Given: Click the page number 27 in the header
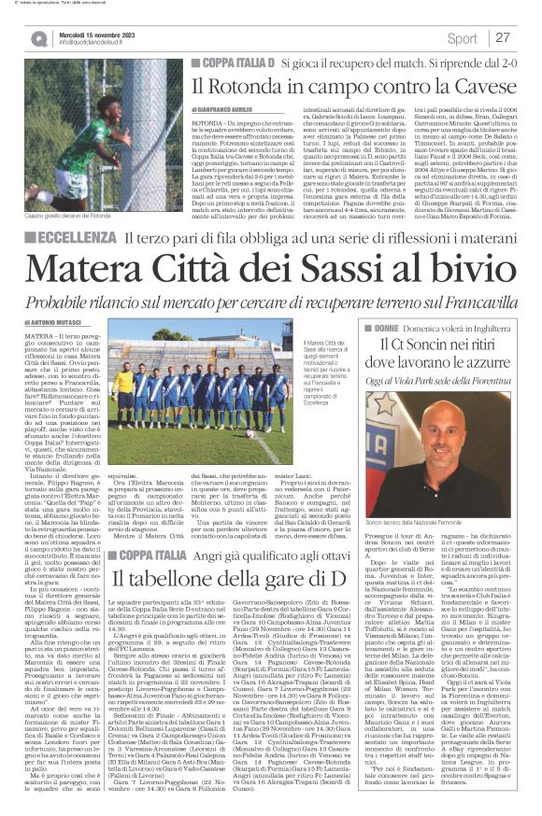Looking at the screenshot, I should click(x=503, y=38).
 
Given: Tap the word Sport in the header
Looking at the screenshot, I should click(x=462, y=38).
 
